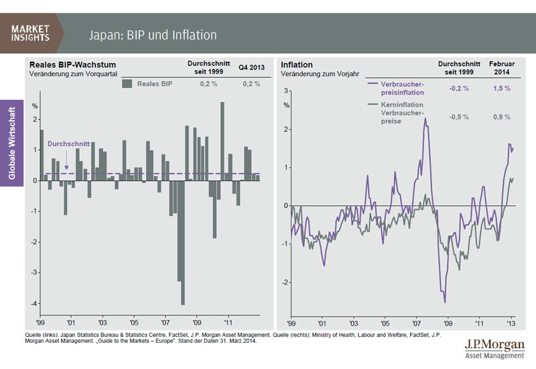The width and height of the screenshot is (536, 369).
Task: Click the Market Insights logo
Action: (32, 32)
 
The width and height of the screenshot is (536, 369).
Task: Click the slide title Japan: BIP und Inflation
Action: (153, 34)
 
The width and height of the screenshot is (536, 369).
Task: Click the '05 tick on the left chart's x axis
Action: (133, 321)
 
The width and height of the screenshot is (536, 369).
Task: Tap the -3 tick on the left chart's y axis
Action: (34, 273)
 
